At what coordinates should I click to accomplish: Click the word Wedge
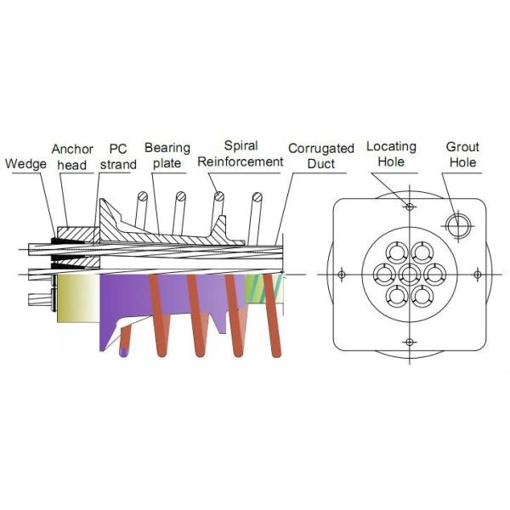pyautogui.click(x=25, y=164)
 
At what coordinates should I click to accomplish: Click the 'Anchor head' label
pyautogui.click(x=71, y=156)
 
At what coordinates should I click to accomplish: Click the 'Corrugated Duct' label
pyautogui.click(x=320, y=156)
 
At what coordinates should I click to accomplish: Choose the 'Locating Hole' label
pyautogui.click(x=392, y=154)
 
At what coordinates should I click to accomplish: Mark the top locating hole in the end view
pyautogui.click(x=410, y=207)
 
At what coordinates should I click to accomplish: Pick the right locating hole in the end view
pyautogui.click(x=478, y=274)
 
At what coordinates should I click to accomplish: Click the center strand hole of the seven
pyautogui.click(x=410, y=274)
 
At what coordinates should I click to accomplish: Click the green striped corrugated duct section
pyautogui.click(x=255, y=289)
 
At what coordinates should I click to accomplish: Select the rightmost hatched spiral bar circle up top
pyautogui.click(x=258, y=200)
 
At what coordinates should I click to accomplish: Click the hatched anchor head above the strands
pyautogui.click(x=75, y=231)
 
